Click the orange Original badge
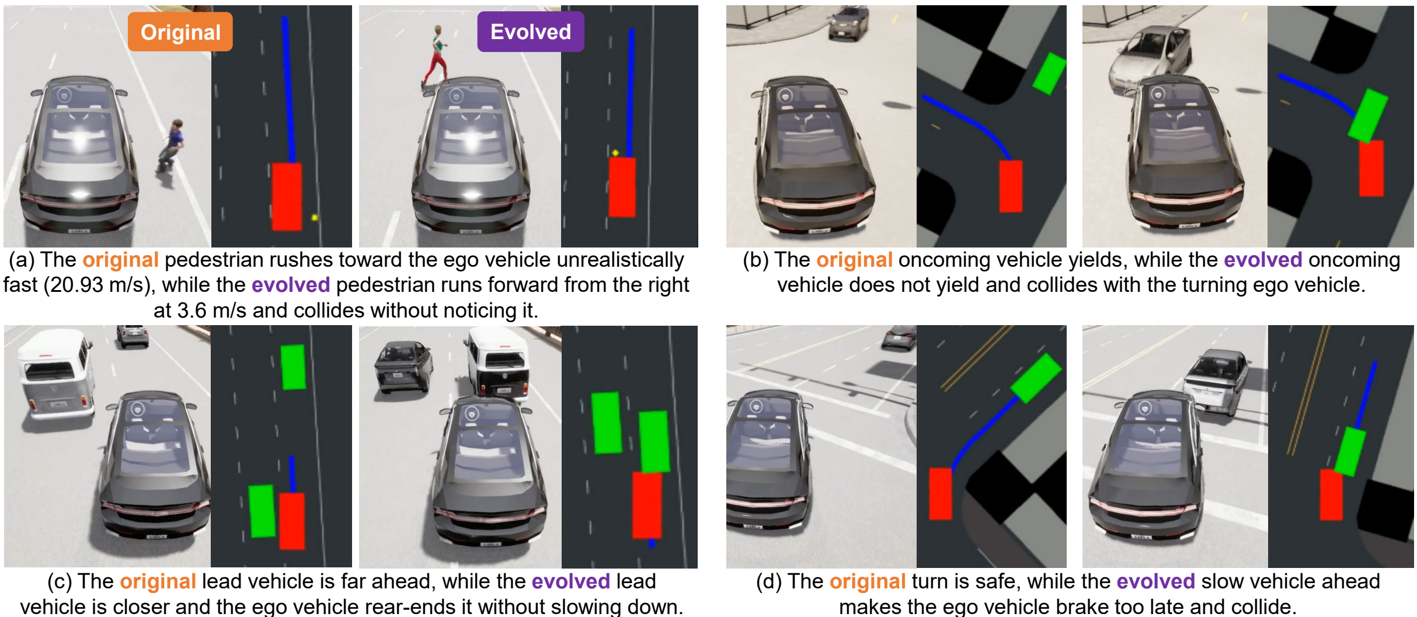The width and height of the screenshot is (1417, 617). tap(180, 32)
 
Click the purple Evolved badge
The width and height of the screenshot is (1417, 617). tap(531, 32)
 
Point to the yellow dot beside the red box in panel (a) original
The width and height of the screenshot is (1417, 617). tap(315, 217)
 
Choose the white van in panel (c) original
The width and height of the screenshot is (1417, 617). tap(54, 373)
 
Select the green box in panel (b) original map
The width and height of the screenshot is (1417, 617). tap(1050, 74)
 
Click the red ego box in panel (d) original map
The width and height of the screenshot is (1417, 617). tap(940, 493)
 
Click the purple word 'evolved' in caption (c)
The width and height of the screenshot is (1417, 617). tap(570, 581)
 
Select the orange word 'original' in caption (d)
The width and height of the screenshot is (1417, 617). tap(868, 581)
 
